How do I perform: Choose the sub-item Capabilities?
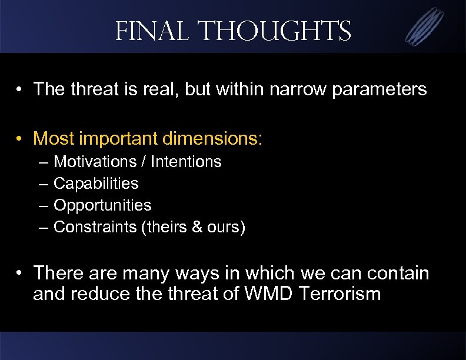[96, 184]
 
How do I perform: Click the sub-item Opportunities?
[102, 205]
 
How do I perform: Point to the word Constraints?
[95, 227]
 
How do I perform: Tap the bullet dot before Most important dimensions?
[20, 139]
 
